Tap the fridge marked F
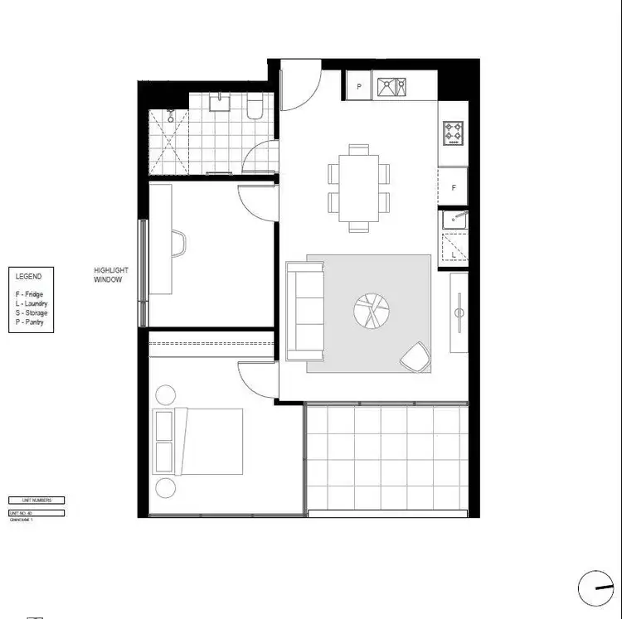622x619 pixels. click(454, 188)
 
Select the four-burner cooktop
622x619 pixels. click(454, 133)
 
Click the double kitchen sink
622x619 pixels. click(391, 86)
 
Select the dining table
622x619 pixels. click(358, 188)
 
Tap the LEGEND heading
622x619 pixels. click(28, 277)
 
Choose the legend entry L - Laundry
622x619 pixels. click(31, 303)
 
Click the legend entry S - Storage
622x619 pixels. click(31, 312)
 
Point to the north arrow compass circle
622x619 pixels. click(595, 589)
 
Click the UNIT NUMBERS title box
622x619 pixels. click(36, 501)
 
